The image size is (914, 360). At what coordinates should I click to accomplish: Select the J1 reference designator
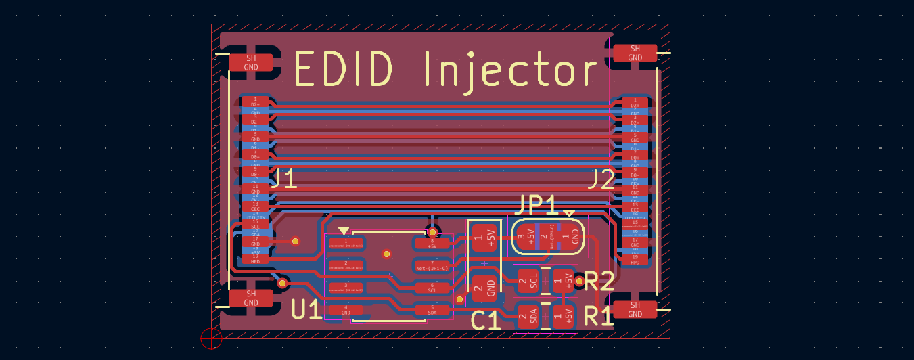tap(283, 179)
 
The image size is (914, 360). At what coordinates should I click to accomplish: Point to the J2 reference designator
tap(601, 180)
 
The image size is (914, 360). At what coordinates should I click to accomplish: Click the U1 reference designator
tap(306, 310)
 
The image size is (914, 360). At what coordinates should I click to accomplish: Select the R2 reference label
tap(598, 282)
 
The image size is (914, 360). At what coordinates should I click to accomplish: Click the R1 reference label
tap(598, 315)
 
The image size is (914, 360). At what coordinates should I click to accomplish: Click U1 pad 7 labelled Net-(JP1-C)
tap(432, 265)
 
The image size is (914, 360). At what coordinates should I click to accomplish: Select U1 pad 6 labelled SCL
tap(432, 287)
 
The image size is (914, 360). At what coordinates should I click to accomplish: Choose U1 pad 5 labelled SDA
tap(432, 311)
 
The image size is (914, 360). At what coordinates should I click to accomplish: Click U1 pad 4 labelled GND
tap(346, 311)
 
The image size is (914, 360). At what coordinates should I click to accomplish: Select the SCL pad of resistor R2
tap(528, 280)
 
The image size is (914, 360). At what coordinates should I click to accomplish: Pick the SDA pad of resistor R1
tap(528, 316)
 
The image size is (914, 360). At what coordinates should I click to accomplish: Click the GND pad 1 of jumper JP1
tap(572, 237)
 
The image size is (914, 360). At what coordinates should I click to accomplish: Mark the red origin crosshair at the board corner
tap(211, 338)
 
